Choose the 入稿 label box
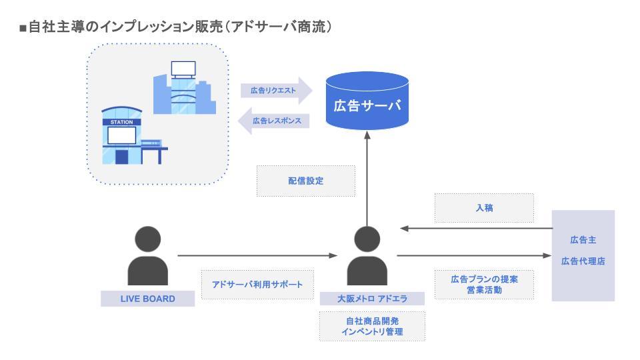484,208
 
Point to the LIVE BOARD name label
147,299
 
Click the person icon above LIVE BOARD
147,255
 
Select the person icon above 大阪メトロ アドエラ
367,255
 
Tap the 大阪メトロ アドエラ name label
371,299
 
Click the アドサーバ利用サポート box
257,285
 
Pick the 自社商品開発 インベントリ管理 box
371,326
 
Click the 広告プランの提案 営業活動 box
484,285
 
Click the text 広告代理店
583,261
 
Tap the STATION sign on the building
121,122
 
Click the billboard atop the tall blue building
183,68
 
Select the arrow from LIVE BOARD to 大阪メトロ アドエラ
257,255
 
